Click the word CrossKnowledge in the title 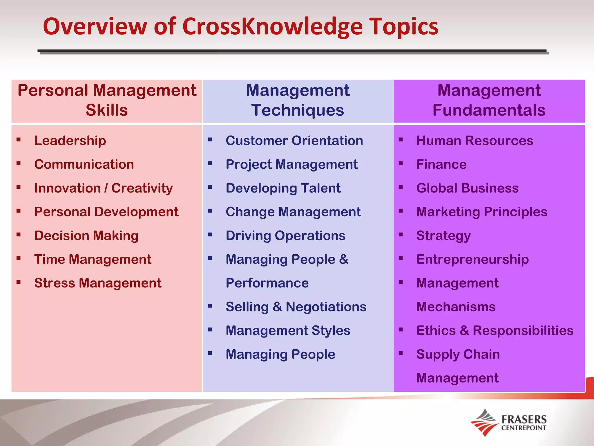[272, 27]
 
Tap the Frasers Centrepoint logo [508, 423]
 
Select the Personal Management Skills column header [107, 100]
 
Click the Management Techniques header [298, 100]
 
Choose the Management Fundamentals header [489, 100]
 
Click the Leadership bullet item [70, 141]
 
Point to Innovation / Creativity [103, 188]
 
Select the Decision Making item [86, 235]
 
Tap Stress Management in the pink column [97, 283]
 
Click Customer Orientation [294, 141]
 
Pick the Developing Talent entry [283, 188]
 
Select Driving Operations [285, 235]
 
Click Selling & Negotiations [296, 307]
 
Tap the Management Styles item [288, 331]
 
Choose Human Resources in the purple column [475, 141]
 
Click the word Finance [441, 164]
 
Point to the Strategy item [443, 235]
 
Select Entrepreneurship [472, 259]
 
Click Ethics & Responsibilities [495, 331]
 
